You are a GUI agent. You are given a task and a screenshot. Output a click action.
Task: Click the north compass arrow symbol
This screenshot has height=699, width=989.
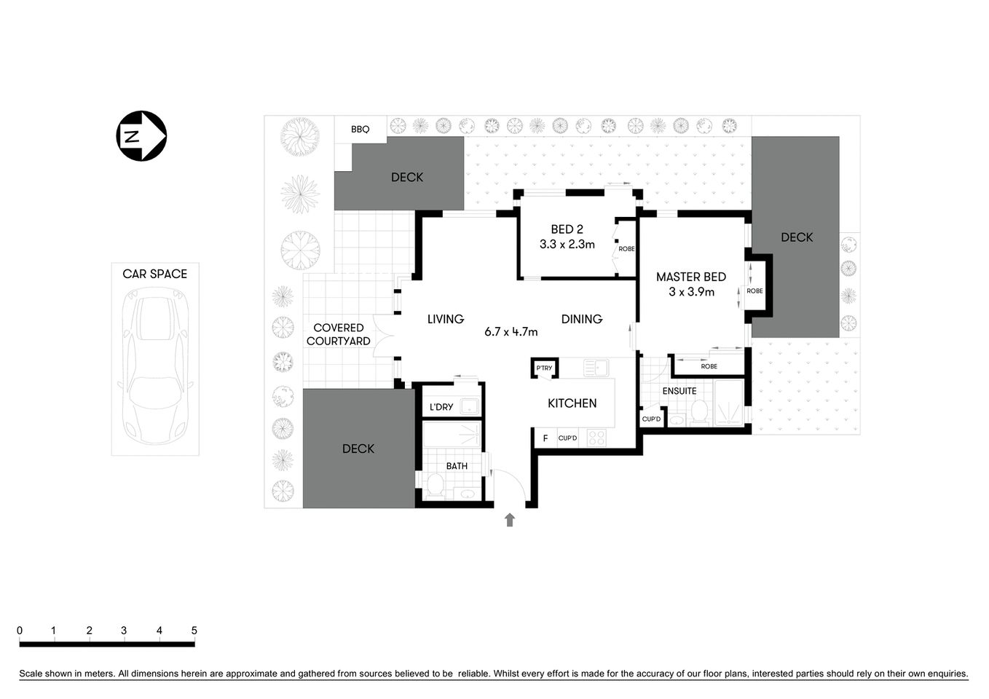141,135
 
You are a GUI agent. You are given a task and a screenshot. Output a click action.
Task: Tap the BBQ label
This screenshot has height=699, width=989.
360,130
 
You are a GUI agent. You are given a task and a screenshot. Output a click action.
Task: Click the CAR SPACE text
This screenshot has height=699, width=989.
154,274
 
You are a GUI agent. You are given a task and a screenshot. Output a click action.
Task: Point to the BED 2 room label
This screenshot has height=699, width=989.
567,229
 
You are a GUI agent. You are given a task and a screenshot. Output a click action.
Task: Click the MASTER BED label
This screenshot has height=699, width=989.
690,277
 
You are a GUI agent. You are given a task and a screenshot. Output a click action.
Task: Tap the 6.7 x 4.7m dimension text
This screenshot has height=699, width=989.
511,332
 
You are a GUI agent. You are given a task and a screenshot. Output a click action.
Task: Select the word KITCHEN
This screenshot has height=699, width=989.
572,403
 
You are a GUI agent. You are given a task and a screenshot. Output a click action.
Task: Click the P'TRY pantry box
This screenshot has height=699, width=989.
544,368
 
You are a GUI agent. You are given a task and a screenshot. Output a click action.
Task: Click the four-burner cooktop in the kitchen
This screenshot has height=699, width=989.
596,438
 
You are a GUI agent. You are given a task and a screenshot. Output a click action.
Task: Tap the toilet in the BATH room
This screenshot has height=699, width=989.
435,486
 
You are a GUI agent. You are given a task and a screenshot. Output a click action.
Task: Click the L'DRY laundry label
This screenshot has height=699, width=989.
441,407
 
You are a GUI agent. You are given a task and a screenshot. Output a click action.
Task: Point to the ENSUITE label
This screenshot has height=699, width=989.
679,391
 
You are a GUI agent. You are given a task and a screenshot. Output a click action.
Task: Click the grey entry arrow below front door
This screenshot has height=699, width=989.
510,519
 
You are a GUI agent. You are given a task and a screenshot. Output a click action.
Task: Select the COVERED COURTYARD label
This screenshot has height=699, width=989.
338,334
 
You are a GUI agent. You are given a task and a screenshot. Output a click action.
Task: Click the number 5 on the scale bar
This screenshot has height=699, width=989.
194,631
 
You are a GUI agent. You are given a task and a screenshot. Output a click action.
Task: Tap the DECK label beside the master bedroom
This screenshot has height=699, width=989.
796,237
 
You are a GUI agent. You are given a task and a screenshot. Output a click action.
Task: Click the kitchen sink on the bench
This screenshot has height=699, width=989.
596,368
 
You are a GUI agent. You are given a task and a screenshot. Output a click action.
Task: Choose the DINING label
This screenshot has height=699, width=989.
581,319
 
